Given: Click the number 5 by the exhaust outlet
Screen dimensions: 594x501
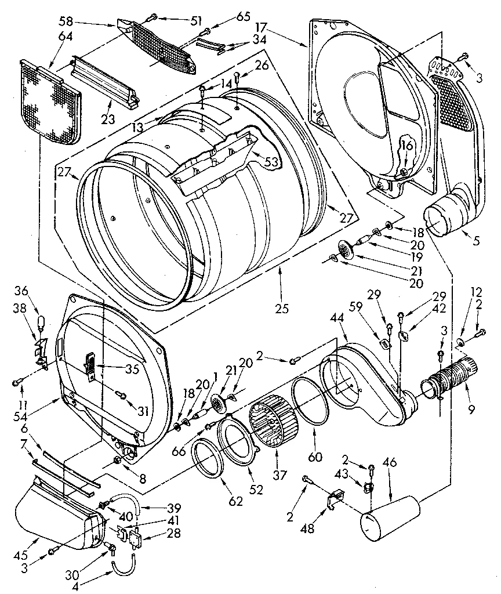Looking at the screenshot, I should (476, 240).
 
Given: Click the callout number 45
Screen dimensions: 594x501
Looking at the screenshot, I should (28, 542).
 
